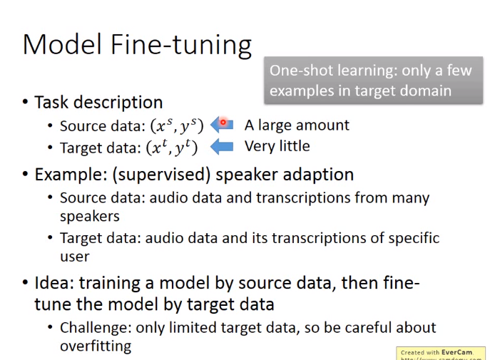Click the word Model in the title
pos(63,44)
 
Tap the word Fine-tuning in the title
pos(181,46)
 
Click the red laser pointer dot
pos(223,123)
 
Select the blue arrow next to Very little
pos(222,146)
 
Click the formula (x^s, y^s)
pos(177,126)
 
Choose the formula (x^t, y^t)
pos(172,148)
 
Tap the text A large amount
pos(297,125)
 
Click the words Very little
pos(277,146)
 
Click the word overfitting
pos(96,346)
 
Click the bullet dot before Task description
pos(25,102)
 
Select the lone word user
pos(75,257)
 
